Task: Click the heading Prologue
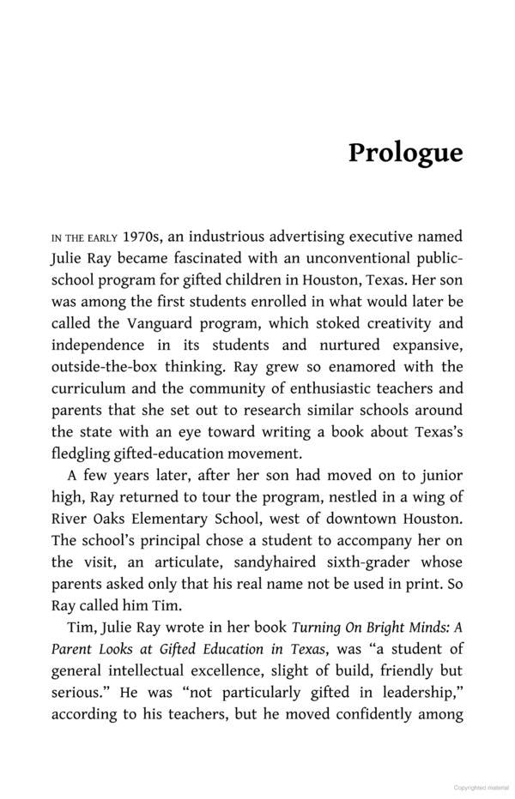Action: point(405,153)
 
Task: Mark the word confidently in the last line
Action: point(365,716)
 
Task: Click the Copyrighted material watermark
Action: point(482,786)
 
